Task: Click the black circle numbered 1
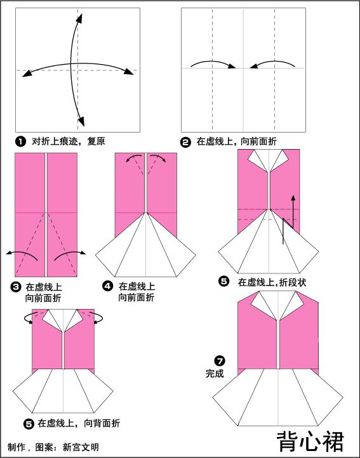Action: [x=20, y=142]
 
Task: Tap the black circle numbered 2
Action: [x=185, y=143]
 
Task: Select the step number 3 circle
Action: [x=15, y=287]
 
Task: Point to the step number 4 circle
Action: [x=108, y=286]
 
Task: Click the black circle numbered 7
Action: [x=220, y=360]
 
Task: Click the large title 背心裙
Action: [x=310, y=442]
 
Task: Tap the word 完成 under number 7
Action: [x=215, y=374]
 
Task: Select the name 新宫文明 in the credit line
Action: [x=81, y=447]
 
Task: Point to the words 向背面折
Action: [x=102, y=423]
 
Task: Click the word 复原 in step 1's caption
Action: [x=96, y=141]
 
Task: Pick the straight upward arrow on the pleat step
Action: [x=293, y=211]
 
